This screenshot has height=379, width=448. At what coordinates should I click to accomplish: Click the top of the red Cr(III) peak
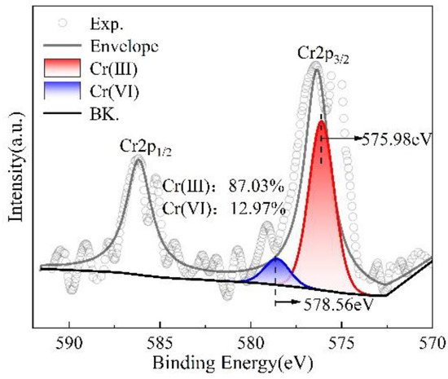click(x=322, y=121)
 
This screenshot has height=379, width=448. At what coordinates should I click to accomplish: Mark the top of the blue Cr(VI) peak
click(x=275, y=258)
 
